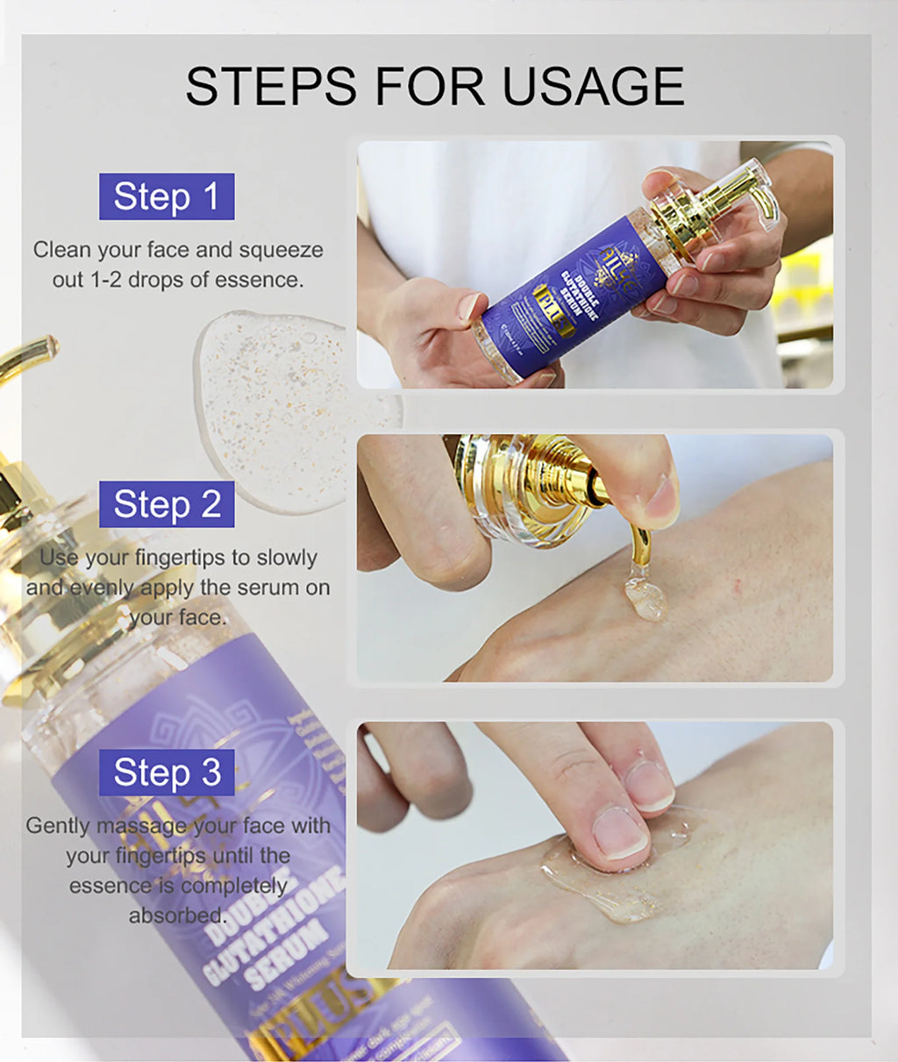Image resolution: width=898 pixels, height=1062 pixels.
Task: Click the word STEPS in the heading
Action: coord(271,86)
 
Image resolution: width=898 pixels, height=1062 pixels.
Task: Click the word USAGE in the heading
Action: coord(593,86)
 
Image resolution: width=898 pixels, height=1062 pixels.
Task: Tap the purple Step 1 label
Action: coord(167,196)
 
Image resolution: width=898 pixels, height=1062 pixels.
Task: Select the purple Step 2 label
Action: coord(167,504)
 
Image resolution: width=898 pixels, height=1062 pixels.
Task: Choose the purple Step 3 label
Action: coord(167,773)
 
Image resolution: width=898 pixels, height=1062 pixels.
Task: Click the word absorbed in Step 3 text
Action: coord(176,916)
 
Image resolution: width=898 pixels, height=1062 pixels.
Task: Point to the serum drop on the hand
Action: coord(645,596)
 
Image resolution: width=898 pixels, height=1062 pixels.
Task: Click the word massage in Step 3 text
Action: coord(134,826)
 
